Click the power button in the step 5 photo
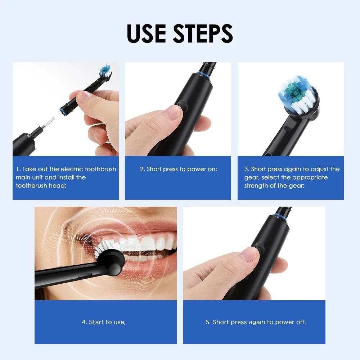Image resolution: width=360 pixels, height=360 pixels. [x=258, y=248]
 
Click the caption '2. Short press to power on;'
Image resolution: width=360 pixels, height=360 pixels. [x=178, y=169]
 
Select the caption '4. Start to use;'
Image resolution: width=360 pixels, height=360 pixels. [x=104, y=322]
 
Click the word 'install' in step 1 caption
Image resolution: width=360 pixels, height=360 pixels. [x=66, y=177]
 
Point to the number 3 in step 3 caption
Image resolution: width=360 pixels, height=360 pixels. [x=246, y=169]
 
